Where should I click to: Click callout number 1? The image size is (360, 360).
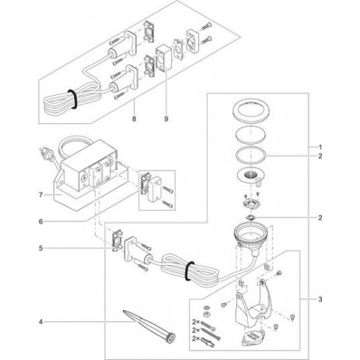pyautogui.click(x=320, y=147)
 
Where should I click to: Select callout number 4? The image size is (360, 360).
pyautogui.click(x=41, y=322)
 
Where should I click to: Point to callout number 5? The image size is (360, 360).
pyautogui.click(x=41, y=248)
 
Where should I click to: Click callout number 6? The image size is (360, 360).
pyautogui.click(x=41, y=222)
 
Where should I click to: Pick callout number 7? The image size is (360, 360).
pyautogui.click(x=41, y=194)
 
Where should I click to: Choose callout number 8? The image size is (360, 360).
pyautogui.click(x=134, y=118)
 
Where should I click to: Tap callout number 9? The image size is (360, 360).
pyautogui.click(x=166, y=118)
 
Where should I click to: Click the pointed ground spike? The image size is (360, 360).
pyautogui.click(x=150, y=327)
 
